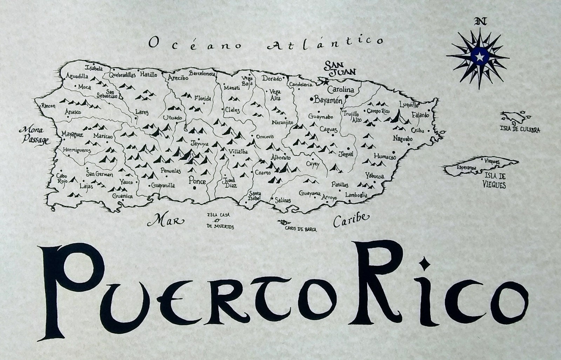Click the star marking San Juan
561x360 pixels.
(326, 82)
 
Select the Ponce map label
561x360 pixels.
(197, 181)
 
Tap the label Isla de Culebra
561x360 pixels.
(520, 130)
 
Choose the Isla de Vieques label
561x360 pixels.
(495, 181)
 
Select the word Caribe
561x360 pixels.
(351, 220)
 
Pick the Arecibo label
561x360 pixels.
(178, 78)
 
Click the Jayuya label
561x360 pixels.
(199, 144)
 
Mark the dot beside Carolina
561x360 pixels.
(346, 96)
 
